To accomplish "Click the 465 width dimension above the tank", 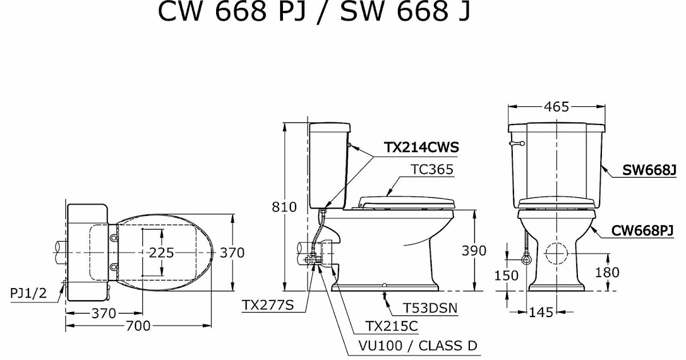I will (556, 107).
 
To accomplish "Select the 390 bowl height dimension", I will (473, 250).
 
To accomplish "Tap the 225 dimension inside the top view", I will (162, 253).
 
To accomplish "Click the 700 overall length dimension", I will (138, 326).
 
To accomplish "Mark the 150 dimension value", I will (506, 275).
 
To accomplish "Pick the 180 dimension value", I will (607, 273).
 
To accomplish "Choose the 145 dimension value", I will (541, 313).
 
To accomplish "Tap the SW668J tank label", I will (649, 170).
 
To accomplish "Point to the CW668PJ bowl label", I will (643, 230).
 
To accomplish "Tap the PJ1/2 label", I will (29, 293).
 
